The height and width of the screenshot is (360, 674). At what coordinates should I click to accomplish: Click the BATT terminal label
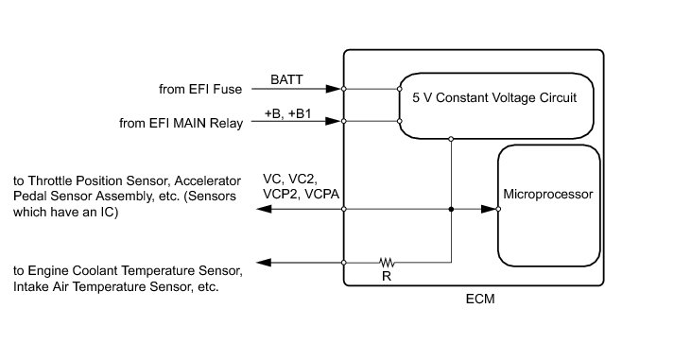[286, 79]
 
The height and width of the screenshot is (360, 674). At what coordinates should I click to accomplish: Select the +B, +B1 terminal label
[287, 113]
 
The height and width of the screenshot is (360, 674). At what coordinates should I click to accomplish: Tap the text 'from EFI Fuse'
[200, 90]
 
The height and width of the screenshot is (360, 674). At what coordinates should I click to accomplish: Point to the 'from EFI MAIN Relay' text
[181, 123]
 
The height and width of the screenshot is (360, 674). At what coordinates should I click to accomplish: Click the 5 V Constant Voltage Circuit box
[496, 74]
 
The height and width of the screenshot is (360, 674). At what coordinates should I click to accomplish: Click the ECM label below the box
[480, 299]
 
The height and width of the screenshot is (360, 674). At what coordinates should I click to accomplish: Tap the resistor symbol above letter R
[387, 262]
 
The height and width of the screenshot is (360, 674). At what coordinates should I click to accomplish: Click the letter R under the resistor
[387, 277]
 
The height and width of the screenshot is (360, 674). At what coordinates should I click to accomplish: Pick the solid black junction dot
[451, 209]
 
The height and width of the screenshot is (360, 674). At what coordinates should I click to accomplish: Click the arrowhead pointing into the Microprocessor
[489, 209]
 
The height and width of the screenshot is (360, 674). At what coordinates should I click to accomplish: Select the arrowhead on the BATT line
[333, 89]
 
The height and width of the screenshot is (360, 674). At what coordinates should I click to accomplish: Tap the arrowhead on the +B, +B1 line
[333, 121]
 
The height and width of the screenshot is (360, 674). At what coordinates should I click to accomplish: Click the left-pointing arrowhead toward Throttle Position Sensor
[264, 209]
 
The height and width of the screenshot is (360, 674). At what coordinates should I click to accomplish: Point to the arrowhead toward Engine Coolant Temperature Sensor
[264, 263]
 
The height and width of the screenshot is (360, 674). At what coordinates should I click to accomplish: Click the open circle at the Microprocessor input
[498, 209]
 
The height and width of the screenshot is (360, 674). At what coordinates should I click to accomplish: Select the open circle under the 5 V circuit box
[451, 139]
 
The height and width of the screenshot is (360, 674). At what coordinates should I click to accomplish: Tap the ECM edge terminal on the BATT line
[344, 89]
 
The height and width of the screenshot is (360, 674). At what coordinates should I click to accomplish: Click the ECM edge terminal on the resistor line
[344, 263]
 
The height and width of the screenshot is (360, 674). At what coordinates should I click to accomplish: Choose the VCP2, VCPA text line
[301, 195]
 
